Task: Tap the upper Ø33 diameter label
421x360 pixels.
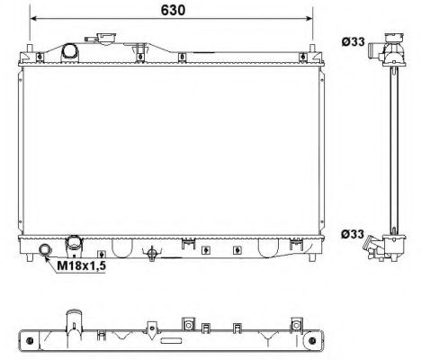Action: pos(352,40)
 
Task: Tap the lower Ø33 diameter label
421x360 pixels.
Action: pos(352,235)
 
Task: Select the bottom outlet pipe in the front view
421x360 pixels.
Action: pos(75,246)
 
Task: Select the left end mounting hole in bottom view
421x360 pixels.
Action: pos(31,341)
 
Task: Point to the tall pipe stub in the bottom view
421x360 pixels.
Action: pos(72,325)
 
